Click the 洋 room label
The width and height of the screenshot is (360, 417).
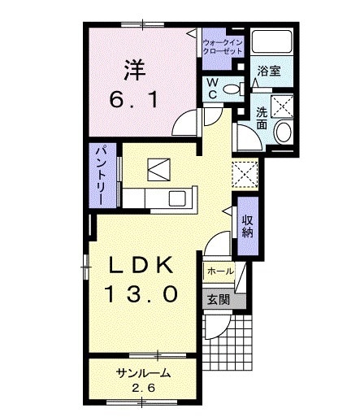(x=135, y=72)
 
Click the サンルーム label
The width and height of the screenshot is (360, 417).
(x=142, y=373)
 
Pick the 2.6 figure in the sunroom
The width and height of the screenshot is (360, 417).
(x=143, y=387)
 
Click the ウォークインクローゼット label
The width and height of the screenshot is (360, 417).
(x=223, y=46)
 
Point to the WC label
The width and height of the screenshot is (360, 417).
(x=210, y=87)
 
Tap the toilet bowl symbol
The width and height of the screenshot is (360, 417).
(x=231, y=89)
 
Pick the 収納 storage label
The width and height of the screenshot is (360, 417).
(x=247, y=221)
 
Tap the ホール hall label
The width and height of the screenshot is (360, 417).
(x=220, y=271)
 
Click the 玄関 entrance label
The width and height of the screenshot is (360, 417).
(x=219, y=299)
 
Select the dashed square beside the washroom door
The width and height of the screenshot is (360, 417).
(x=244, y=173)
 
